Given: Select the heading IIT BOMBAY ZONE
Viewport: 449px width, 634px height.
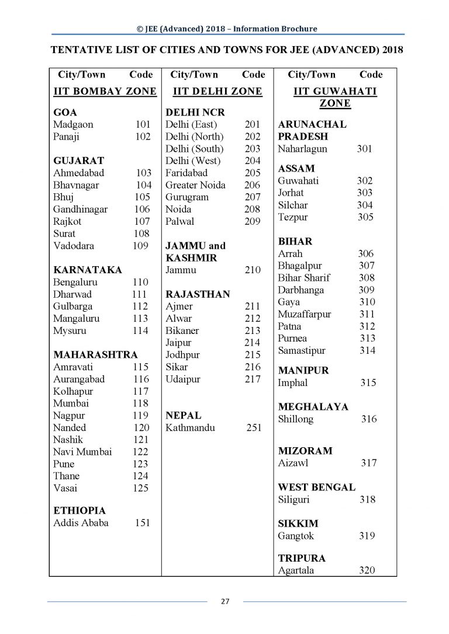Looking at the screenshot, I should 105,91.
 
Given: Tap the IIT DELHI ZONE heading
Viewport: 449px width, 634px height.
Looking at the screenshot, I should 217,91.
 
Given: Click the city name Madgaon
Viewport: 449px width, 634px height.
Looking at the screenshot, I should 73,124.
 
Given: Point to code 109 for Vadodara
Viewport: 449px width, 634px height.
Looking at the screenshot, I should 140,246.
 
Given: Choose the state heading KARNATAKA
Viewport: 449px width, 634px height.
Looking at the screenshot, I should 88,270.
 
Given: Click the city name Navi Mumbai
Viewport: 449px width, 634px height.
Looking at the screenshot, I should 82,451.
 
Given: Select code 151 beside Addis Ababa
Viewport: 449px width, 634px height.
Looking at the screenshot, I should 142,522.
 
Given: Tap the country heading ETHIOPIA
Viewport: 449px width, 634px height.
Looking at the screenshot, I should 80,510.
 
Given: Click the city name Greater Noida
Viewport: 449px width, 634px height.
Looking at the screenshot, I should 195,185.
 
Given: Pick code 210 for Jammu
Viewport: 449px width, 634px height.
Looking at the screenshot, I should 253,270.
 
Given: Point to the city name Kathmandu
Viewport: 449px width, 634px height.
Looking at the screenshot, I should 190,428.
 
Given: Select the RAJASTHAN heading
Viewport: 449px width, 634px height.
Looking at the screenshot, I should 198,294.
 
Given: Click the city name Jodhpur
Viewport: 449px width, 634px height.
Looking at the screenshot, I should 182,355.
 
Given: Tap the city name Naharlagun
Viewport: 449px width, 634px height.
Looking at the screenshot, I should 303,149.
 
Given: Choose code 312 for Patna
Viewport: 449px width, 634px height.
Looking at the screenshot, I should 367,326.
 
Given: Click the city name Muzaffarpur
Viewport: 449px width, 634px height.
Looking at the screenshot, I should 305,314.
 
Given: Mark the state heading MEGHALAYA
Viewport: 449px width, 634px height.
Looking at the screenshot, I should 313,407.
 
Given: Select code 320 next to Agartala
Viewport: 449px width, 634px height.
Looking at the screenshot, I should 367,570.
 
